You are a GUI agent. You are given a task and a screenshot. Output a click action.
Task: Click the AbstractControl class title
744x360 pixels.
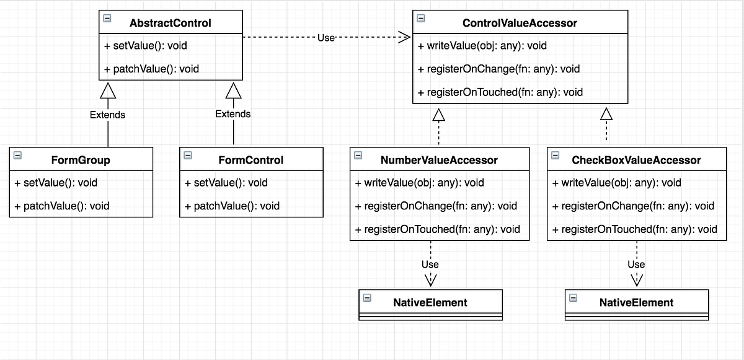pos(170,23)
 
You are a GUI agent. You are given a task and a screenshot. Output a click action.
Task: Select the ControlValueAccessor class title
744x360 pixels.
pos(520,23)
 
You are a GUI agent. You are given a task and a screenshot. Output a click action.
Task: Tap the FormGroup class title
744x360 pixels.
pos(81,160)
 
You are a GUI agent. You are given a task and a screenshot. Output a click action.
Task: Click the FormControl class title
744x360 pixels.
pos(250,160)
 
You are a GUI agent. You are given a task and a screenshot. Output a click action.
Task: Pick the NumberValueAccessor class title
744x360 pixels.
pos(439,160)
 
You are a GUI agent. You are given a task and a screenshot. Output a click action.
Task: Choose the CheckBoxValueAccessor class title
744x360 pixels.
pos(636,160)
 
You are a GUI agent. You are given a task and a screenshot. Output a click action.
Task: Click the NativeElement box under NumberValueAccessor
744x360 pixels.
pos(430,302)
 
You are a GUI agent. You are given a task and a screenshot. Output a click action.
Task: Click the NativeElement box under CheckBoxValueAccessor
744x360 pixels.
pos(636,302)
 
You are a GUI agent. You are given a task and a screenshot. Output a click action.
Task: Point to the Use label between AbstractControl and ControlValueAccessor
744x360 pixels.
pos(326,38)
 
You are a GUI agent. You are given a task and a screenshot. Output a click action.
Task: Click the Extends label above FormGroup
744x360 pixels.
pos(107,115)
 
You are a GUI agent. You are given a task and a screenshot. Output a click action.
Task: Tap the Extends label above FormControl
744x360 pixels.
pos(233,114)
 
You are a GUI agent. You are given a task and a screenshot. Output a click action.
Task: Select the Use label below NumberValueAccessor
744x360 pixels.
pos(430,264)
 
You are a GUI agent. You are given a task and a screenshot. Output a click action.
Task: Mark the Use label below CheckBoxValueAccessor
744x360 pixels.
pos(636,264)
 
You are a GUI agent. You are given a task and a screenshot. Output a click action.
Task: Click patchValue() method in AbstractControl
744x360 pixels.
pos(151,69)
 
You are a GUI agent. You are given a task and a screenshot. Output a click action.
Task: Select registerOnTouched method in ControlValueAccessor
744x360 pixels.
pos(500,92)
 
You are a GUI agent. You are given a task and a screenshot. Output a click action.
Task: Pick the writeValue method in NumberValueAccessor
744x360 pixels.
pos(420,183)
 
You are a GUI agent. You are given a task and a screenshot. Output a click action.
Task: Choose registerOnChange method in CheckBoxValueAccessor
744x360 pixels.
pos(633,206)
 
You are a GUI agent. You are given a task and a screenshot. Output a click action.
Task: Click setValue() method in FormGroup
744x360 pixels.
pos(56,183)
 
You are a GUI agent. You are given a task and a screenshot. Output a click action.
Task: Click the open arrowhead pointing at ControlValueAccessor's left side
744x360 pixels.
pos(404,38)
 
